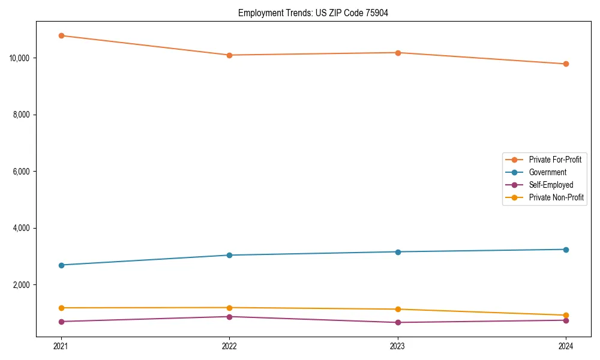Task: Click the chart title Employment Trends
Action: pyautogui.click(x=313, y=13)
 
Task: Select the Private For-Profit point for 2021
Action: pyautogui.click(x=61, y=35)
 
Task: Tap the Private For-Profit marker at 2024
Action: pyautogui.click(x=566, y=64)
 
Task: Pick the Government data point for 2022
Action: pyautogui.click(x=229, y=255)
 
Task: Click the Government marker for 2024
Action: pyautogui.click(x=566, y=250)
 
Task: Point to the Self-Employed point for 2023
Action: pyautogui.click(x=398, y=322)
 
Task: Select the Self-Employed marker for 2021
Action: pyautogui.click(x=61, y=322)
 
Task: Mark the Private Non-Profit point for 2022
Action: pyautogui.click(x=229, y=308)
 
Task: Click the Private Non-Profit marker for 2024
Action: pyautogui.click(x=566, y=315)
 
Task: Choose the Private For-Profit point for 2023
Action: pyautogui.click(x=398, y=53)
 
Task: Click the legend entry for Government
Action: pyautogui.click(x=547, y=172)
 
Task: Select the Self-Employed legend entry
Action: pyautogui.click(x=551, y=185)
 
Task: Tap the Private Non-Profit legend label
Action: pyautogui.click(x=556, y=197)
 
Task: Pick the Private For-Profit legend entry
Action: pyautogui.click(x=555, y=160)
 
